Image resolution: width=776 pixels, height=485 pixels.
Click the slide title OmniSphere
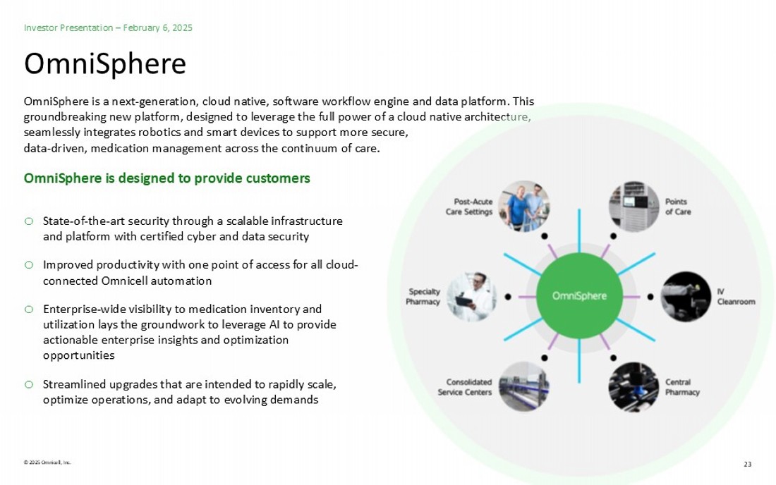pyautogui.click(x=105, y=63)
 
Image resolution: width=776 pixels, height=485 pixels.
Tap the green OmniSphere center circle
pyautogui.click(x=579, y=295)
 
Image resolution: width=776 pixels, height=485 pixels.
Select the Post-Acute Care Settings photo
pyautogui.click(x=523, y=206)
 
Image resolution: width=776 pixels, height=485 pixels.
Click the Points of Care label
pyautogui.click(x=678, y=207)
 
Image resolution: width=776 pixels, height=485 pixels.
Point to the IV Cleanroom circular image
pyautogui.click(x=686, y=297)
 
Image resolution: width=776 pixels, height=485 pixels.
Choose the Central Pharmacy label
pyautogui.click(x=682, y=387)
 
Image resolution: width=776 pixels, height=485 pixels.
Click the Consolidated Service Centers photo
pyautogui.click(x=523, y=386)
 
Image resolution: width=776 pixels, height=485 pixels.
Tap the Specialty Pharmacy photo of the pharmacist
pyautogui.click(x=472, y=297)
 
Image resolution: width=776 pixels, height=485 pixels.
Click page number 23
pyautogui.click(x=747, y=464)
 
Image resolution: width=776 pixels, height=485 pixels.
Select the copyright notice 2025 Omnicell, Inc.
pyautogui.click(x=47, y=462)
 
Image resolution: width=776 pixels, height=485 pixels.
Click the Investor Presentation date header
pyautogui.click(x=108, y=27)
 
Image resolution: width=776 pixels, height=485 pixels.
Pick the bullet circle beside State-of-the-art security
pyautogui.click(x=29, y=221)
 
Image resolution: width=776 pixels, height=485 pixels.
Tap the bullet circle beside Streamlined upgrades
pyautogui.click(x=29, y=384)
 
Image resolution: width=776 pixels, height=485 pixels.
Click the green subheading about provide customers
pyautogui.click(x=166, y=178)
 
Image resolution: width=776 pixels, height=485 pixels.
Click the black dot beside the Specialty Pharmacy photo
pyautogui.click(x=508, y=297)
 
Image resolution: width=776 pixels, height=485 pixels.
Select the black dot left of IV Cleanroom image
pyautogui.click(x=650, y=297)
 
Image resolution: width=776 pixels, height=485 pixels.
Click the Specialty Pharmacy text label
pyautogui.click(x=423, y=297)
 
